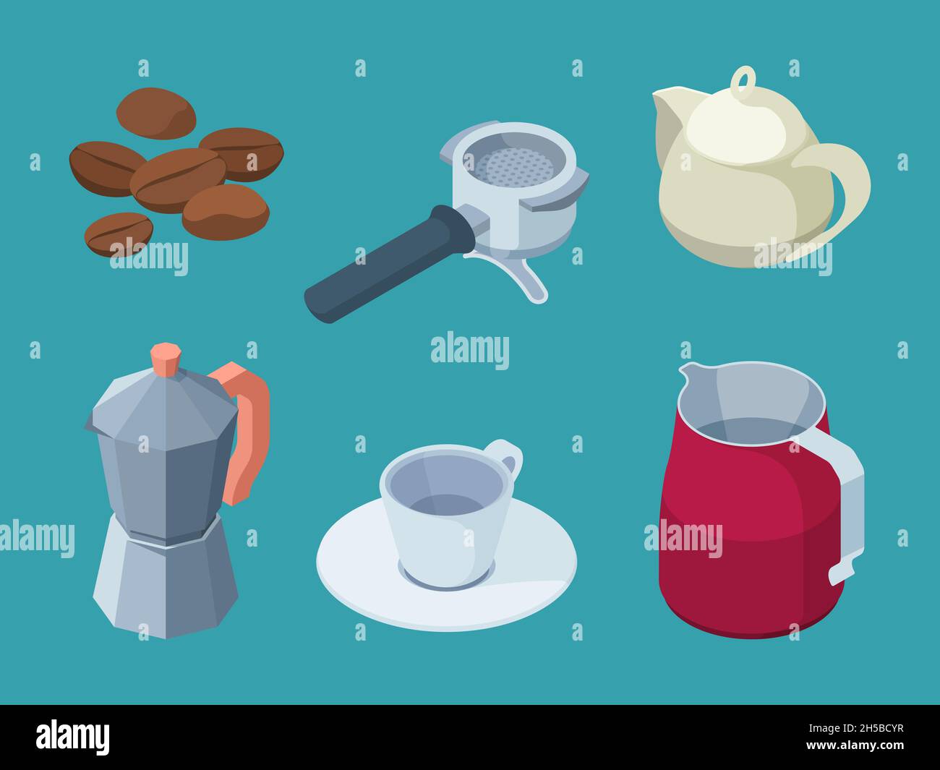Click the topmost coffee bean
[x=156, y=113]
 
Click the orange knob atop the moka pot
[x=166, y=359]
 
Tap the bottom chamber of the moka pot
[x=166, y=586]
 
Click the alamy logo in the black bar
[x=73, y=737]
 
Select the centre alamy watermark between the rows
[x=470, y=350]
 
